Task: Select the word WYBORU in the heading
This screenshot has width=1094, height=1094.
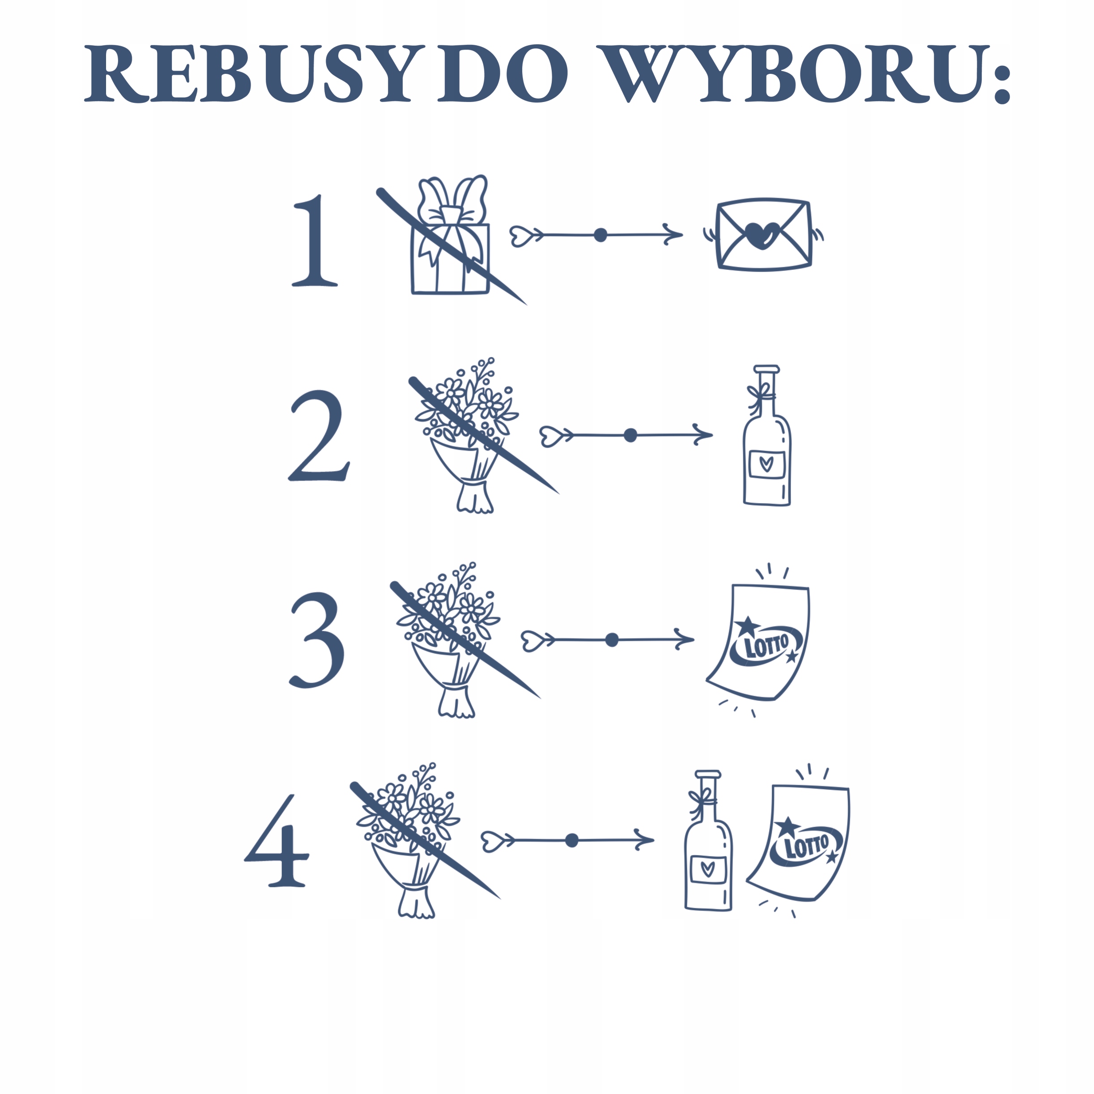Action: [793, 74]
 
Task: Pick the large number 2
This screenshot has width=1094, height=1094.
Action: [318, 436]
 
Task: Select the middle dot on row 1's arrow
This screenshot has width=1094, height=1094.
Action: [600, 235]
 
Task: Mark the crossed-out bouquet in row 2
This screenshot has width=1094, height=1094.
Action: [467, 436]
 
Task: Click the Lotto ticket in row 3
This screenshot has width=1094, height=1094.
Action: [762, 643]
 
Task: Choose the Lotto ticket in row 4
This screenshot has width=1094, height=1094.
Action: [801, 844]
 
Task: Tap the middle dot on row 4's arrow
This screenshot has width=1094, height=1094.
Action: [572, 840]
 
